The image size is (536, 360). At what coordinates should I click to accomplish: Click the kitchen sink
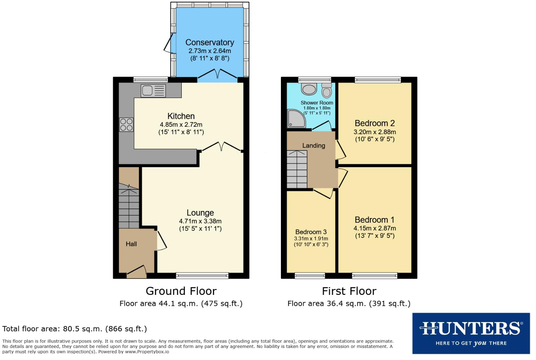(153, 91)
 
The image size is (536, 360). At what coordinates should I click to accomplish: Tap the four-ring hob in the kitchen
(126, 125)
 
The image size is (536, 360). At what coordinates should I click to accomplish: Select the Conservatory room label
(209, 42)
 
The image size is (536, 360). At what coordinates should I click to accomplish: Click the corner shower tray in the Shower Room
(296, 118)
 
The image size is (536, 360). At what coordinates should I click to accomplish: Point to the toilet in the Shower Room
(326, 91)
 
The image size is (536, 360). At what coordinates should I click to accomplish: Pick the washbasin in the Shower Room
(309, 87)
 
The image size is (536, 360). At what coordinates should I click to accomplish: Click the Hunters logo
(471, 333)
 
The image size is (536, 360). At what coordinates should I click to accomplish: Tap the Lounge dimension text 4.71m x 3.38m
(200, 221)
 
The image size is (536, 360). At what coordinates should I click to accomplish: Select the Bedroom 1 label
(374, 220)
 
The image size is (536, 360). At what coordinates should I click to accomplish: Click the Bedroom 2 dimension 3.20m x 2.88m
(374, 132)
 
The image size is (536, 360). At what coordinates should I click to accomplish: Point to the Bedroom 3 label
(311, 232)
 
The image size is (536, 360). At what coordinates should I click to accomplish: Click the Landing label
(314, 145)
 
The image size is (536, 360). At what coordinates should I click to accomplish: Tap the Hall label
(131, 244)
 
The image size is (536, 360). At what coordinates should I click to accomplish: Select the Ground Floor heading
(181, 291)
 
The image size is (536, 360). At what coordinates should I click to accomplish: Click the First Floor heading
(349, 291)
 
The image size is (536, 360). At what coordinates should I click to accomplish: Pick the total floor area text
(74, 329)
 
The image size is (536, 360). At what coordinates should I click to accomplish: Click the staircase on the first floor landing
(297, 170)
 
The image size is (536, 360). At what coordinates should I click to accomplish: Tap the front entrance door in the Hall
(137, 271)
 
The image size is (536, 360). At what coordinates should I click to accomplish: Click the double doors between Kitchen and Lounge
(221, 147)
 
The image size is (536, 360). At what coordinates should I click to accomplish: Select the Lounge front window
(202, 275)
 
